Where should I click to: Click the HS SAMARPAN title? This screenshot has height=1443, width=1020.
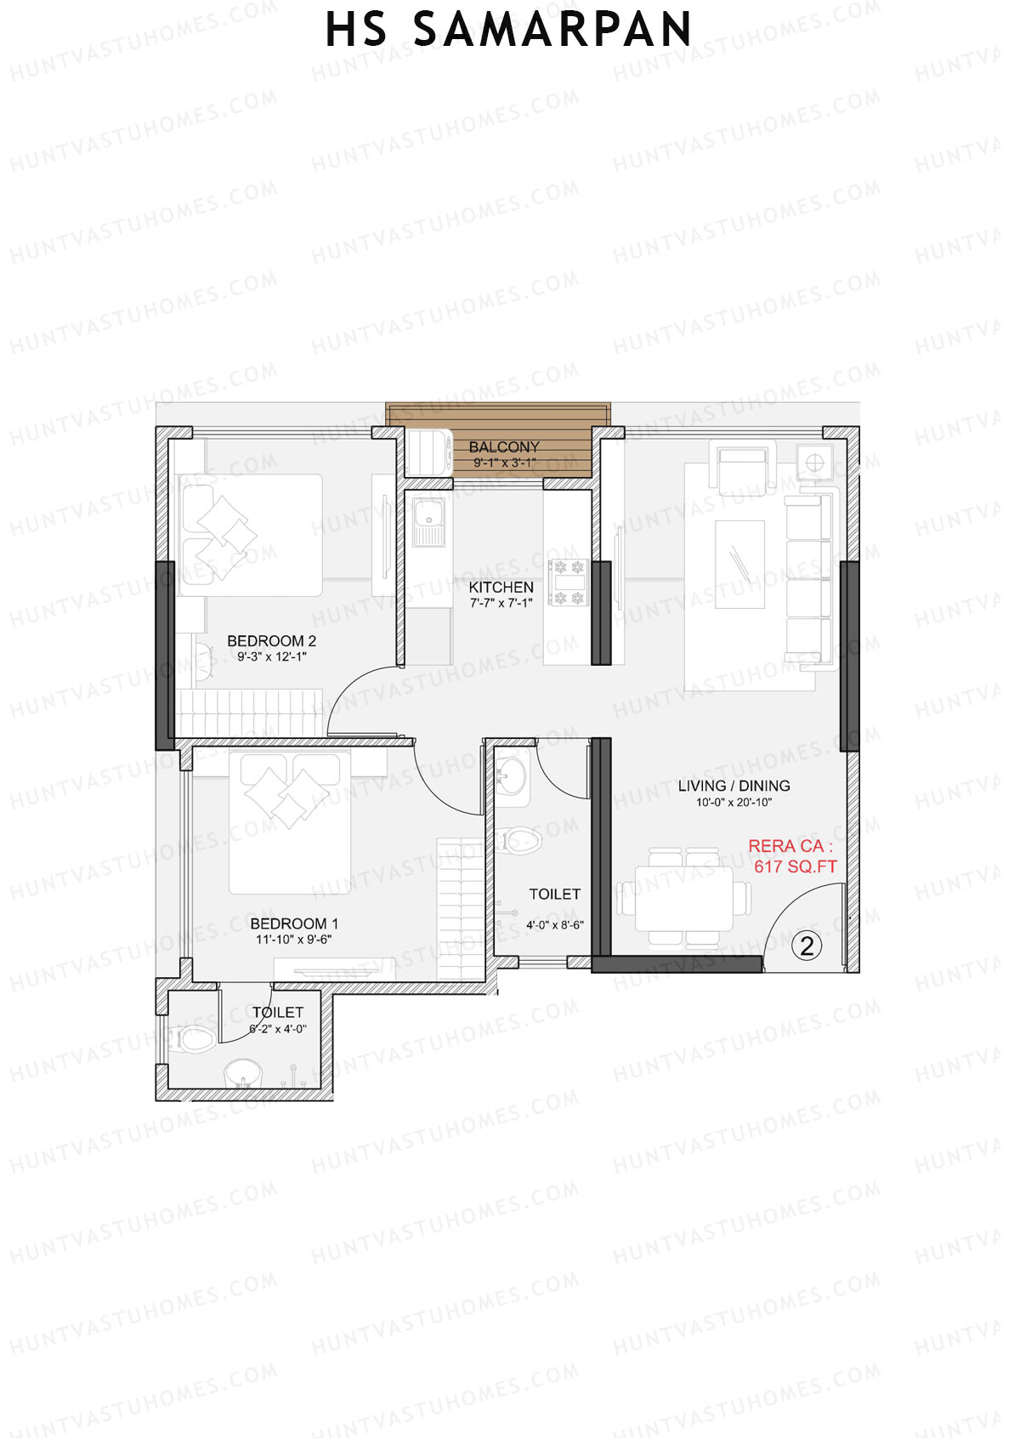pyautogui.click(x=508, y=30)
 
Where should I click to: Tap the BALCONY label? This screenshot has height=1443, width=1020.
pyautogui.click(x=504, y=446)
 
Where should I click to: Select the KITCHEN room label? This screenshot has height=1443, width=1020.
pyautogui.click(x=501, y=587)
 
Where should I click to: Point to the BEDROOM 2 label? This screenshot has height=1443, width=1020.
pyautogui.click(x=271, y=641)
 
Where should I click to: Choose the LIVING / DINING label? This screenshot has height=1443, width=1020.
pyautogui.click(x=734, y=786)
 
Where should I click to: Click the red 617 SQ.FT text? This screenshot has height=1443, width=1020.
pyautogui.click(x=795, y=866)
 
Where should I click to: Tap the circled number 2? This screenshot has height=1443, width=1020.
pyautogui.click(x=807, y=945)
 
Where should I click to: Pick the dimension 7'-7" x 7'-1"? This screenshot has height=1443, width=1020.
pyautogui.click(x=501, y=603)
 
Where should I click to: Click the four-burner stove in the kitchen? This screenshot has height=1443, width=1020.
pyautogui.click(x=569, y=582)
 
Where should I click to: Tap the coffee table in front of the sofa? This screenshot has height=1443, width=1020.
pyautogui.click(x=739, y=564)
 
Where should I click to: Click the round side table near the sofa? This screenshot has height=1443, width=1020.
pyautogui.click(x=814, y=463)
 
